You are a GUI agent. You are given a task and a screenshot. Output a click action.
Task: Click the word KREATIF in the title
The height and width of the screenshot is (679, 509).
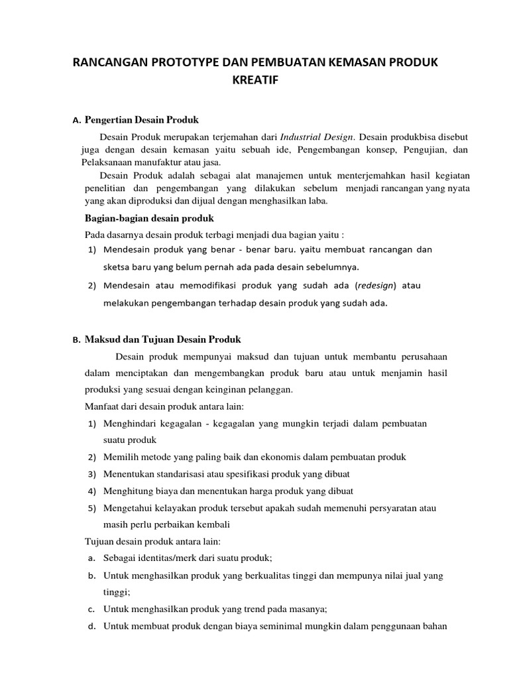(254, 81)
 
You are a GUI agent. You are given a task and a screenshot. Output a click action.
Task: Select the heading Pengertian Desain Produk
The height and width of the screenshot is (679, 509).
(142, 120)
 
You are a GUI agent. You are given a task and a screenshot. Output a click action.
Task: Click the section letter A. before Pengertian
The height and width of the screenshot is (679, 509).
(76, 121)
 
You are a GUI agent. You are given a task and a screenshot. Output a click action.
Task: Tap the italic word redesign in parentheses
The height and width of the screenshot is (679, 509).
(375, 285)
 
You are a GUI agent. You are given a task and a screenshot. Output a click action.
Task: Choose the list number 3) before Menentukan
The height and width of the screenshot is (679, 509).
(92, 474)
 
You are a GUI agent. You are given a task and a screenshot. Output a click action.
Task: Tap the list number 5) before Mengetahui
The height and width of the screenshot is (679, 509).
(92, 508)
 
